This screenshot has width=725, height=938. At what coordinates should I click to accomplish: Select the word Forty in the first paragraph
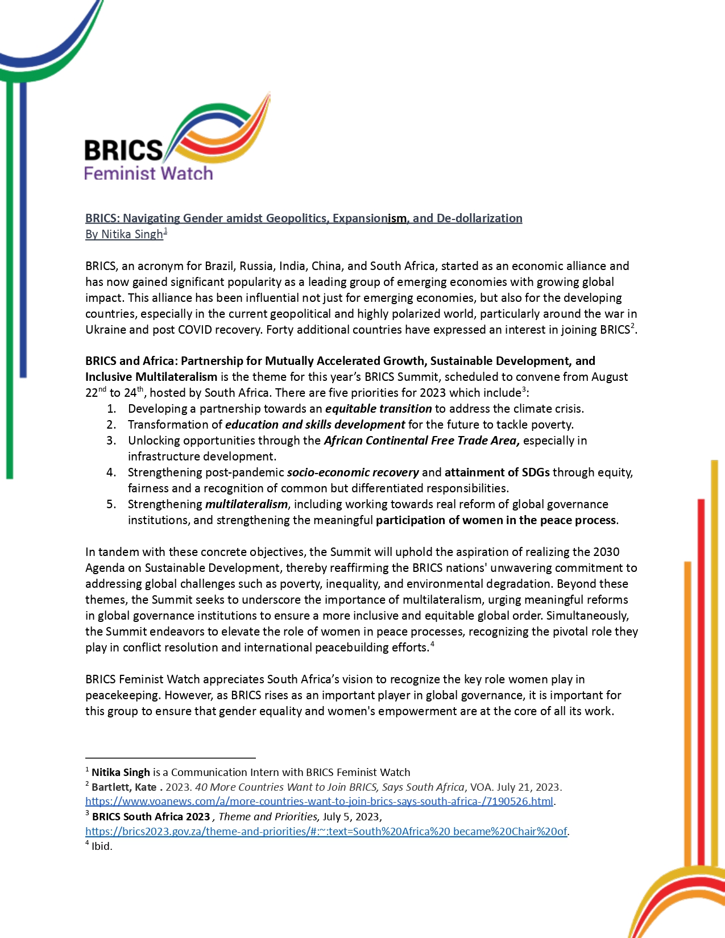279,330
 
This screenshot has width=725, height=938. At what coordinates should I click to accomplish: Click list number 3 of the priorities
111,441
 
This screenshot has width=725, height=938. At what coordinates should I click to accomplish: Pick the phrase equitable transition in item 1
378,409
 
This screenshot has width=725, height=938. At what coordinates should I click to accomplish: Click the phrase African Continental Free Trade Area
421,441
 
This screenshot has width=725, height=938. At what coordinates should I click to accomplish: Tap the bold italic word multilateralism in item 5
246,504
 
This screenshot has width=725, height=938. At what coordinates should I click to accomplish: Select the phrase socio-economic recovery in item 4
353,472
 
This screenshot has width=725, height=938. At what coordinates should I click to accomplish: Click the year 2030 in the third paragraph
606,552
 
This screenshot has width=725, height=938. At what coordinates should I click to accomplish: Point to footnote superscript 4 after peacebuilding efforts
433,644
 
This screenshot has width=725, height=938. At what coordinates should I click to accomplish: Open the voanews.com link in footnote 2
319,802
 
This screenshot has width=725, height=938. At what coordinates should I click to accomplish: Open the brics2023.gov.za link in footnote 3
326,832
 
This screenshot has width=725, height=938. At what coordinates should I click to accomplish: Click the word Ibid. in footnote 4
102,846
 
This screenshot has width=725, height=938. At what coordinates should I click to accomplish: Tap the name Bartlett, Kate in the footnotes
124,787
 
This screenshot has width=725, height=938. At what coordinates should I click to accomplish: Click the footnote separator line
170,758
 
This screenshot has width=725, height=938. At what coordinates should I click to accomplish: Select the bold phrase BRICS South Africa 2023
151,817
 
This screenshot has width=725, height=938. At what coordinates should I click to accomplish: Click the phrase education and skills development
315,425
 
